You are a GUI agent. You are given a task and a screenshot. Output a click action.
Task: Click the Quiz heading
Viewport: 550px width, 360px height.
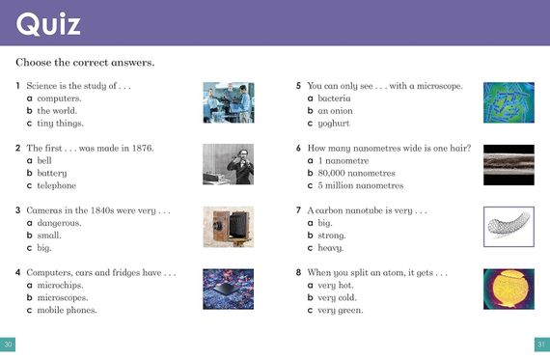click(x=48, y=22)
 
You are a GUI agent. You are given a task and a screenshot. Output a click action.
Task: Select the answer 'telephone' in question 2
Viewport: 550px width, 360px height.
click(x=56, y=185)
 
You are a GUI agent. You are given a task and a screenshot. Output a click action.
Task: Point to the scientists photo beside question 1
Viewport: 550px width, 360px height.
click(x=228, y=102)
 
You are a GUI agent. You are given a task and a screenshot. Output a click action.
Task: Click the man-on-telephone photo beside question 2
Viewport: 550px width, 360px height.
click(x=228, y=164)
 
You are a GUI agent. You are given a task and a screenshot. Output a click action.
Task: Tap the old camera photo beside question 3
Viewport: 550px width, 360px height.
click(x=228, y=227)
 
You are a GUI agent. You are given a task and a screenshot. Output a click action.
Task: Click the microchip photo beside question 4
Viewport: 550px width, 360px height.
click(x=228, y=289)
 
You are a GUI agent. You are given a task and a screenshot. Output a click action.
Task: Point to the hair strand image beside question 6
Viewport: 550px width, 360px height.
click(x=508, y=164)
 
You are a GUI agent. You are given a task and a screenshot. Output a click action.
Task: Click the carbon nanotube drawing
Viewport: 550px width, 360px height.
click(x=508, y=227)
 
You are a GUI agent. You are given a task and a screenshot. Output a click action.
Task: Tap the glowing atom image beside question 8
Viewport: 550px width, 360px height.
click(x=508, y=289)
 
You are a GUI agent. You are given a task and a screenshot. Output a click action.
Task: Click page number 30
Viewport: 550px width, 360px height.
click(x=9, y=345)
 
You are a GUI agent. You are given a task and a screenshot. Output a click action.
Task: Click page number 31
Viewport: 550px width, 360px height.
click(x=541, y=345)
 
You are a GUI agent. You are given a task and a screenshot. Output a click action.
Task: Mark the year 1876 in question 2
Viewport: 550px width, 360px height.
click(x=140, y=149)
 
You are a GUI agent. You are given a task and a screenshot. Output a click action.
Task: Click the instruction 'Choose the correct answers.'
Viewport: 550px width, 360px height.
click(x=85, y=63)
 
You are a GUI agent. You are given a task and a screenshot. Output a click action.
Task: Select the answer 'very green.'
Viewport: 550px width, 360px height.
click(x=343, y=310)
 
